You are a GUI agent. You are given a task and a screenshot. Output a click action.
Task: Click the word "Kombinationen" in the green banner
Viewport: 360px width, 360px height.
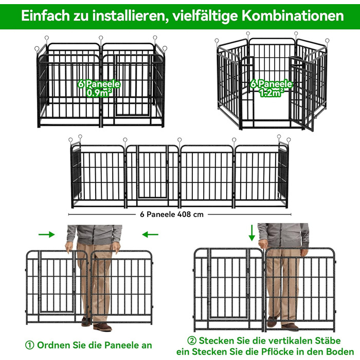pos(293,15)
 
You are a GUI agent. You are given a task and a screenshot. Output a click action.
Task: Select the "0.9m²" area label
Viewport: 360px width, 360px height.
pos(99,93)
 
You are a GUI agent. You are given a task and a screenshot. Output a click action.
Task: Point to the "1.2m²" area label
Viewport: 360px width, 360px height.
pos(271,93)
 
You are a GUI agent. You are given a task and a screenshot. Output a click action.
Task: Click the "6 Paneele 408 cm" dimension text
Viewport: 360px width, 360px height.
pos(172,214)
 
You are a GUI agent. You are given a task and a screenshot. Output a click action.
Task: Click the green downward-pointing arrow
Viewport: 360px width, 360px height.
pos(252,233)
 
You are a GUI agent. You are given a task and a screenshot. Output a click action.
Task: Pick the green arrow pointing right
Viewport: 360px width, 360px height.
pos(47,235)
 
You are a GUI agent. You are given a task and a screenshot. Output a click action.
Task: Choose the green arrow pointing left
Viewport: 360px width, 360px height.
pos(150,235)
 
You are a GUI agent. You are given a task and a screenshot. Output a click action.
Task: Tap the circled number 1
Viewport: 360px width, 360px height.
pos(30,345)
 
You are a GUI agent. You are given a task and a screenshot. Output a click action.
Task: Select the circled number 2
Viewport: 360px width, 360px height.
pos(192,340)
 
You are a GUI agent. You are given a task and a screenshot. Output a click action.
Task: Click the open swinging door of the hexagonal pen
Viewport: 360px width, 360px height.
pos(301,93)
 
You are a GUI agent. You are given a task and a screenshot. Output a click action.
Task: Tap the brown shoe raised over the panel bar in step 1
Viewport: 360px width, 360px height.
pos(86,321)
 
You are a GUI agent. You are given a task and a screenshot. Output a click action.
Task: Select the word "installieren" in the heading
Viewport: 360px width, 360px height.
pos(129,16)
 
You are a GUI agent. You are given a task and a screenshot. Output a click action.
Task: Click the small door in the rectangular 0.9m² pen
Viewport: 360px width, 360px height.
pos(132,85)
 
